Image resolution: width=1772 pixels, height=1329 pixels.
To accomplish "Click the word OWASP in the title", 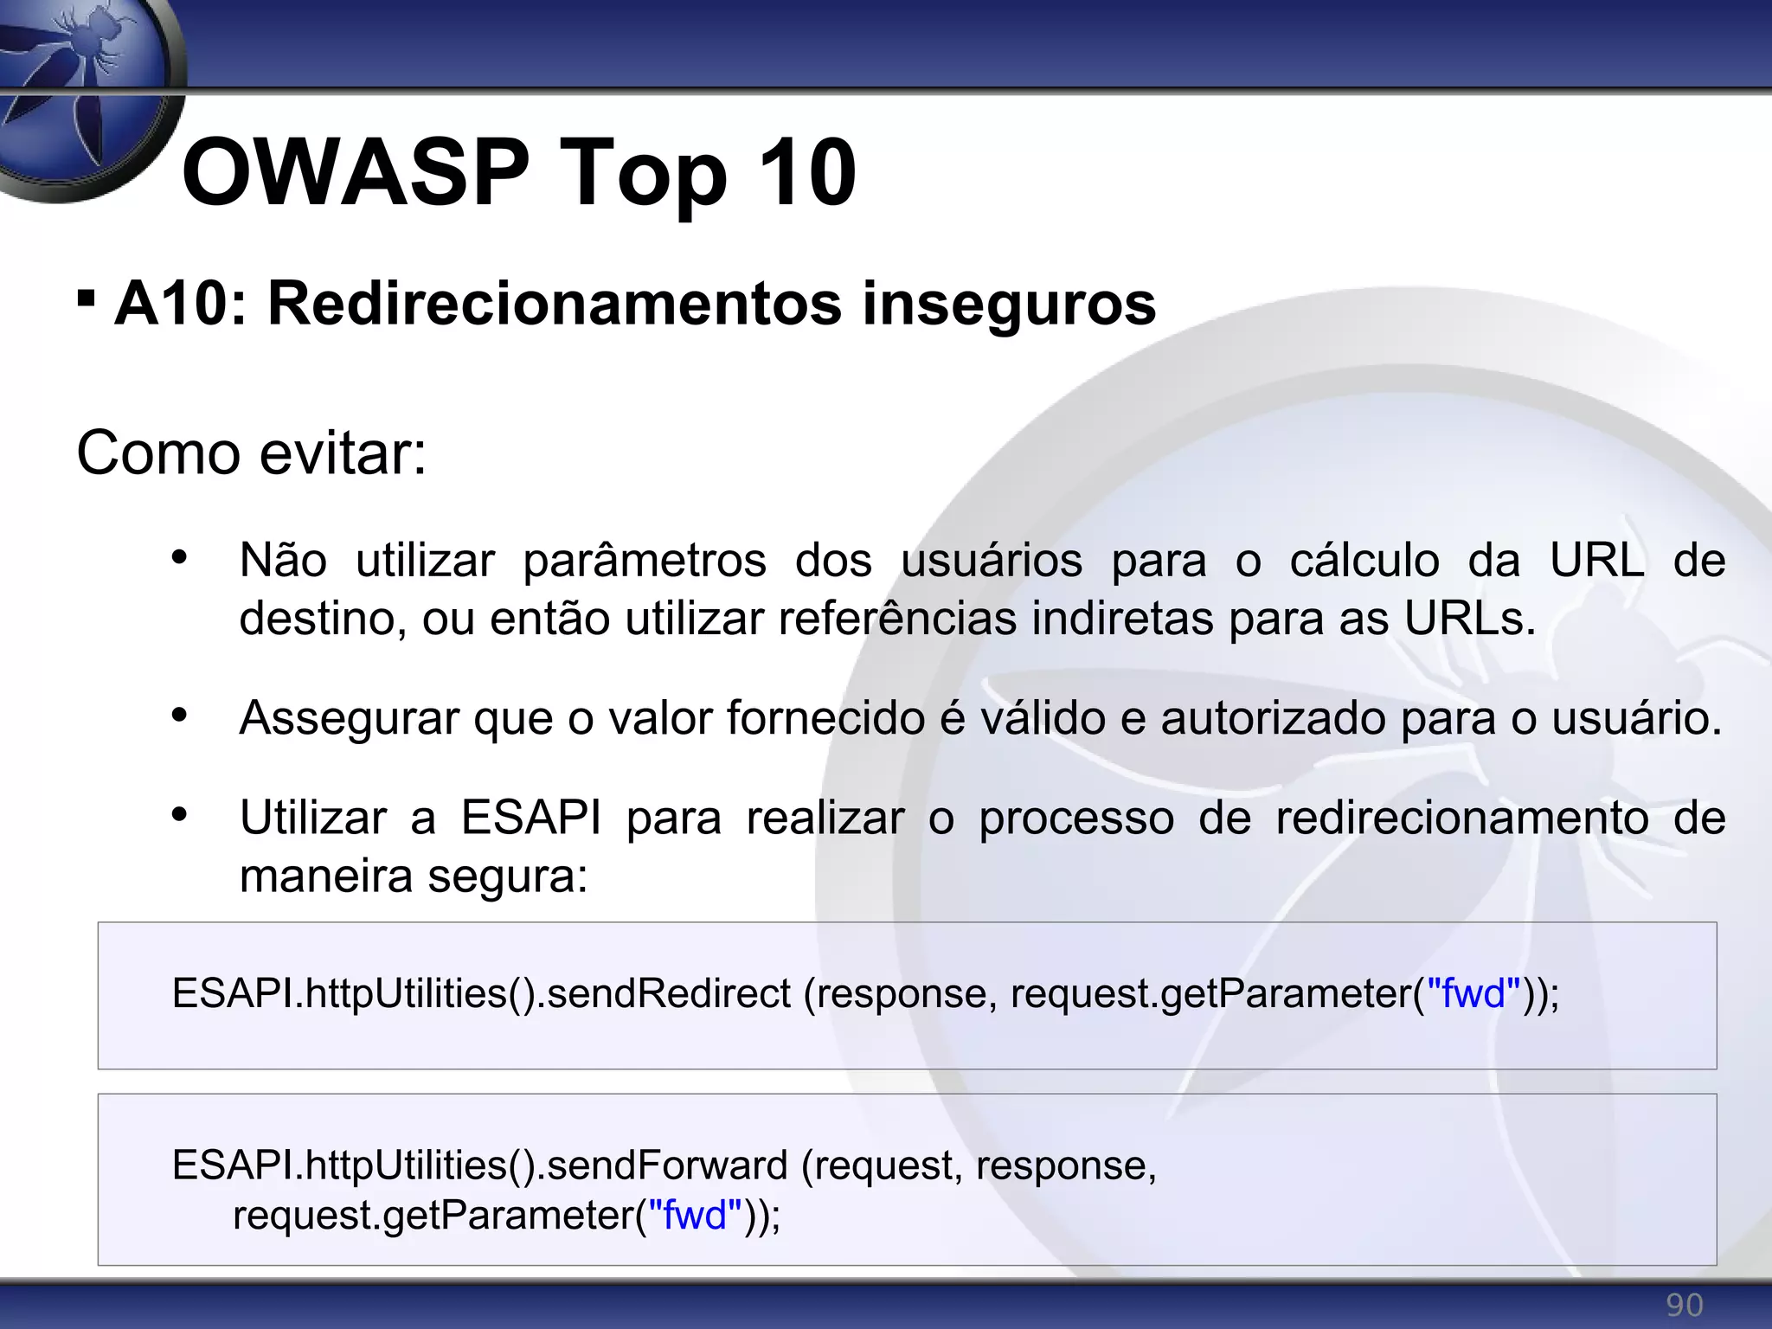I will tap(355, 173).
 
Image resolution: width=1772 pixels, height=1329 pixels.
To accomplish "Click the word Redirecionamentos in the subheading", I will tap(555, 304).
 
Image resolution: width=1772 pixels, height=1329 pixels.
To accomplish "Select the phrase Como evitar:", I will tap(252, 453).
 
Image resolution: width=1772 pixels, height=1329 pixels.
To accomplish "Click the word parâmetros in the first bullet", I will tap(645, 561).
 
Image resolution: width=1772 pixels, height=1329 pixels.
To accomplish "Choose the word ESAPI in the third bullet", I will tap(530, 818).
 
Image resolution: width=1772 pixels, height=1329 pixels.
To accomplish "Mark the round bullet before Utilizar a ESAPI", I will tap(179, 814).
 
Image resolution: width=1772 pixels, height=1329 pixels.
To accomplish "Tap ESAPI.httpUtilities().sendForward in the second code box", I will tap(479, 1165).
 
